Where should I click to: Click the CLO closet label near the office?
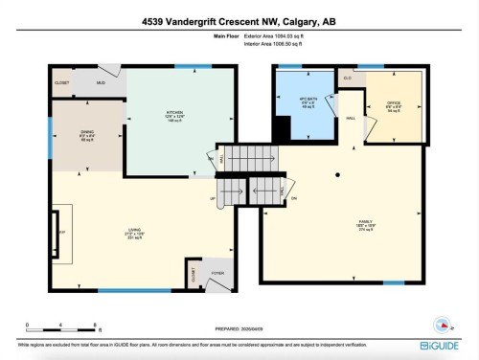click(348, 78)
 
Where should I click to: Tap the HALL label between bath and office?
click(351, 118)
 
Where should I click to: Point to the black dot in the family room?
click(337, 175)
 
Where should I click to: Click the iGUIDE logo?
click(441, 344)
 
